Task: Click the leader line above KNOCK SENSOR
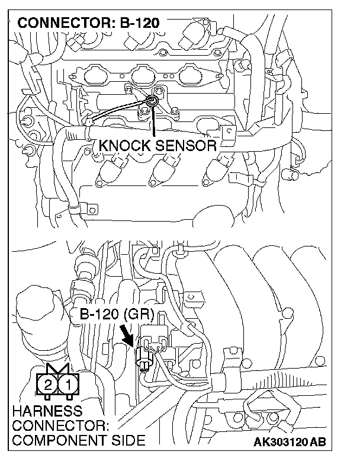[155, 121]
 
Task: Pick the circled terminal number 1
[69, 386]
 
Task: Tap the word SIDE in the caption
[128, 440]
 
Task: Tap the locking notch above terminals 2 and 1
[59, 370]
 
